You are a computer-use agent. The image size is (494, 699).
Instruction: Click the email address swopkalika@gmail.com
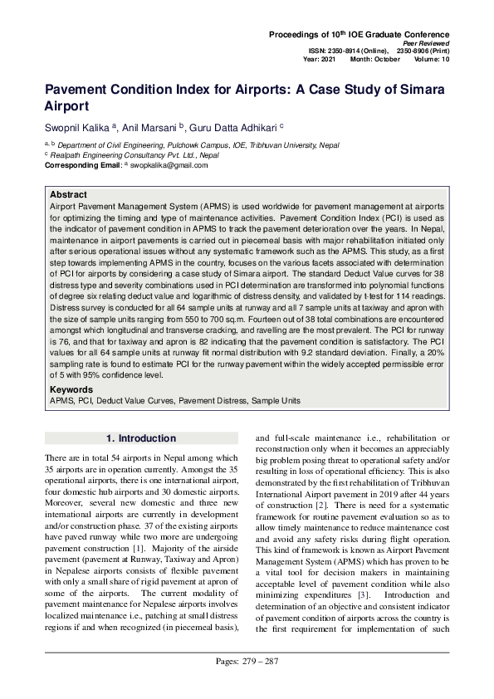tap(169, 165)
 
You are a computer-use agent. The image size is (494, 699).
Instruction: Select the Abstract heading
tap(69, 194)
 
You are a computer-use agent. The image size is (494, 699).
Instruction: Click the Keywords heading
tap(71, 389)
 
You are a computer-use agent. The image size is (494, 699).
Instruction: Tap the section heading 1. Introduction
tap(140, 438)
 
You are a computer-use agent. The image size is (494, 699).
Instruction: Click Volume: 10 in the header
tap(430, 59)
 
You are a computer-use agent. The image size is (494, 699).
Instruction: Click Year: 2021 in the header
tap(320, 59)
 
